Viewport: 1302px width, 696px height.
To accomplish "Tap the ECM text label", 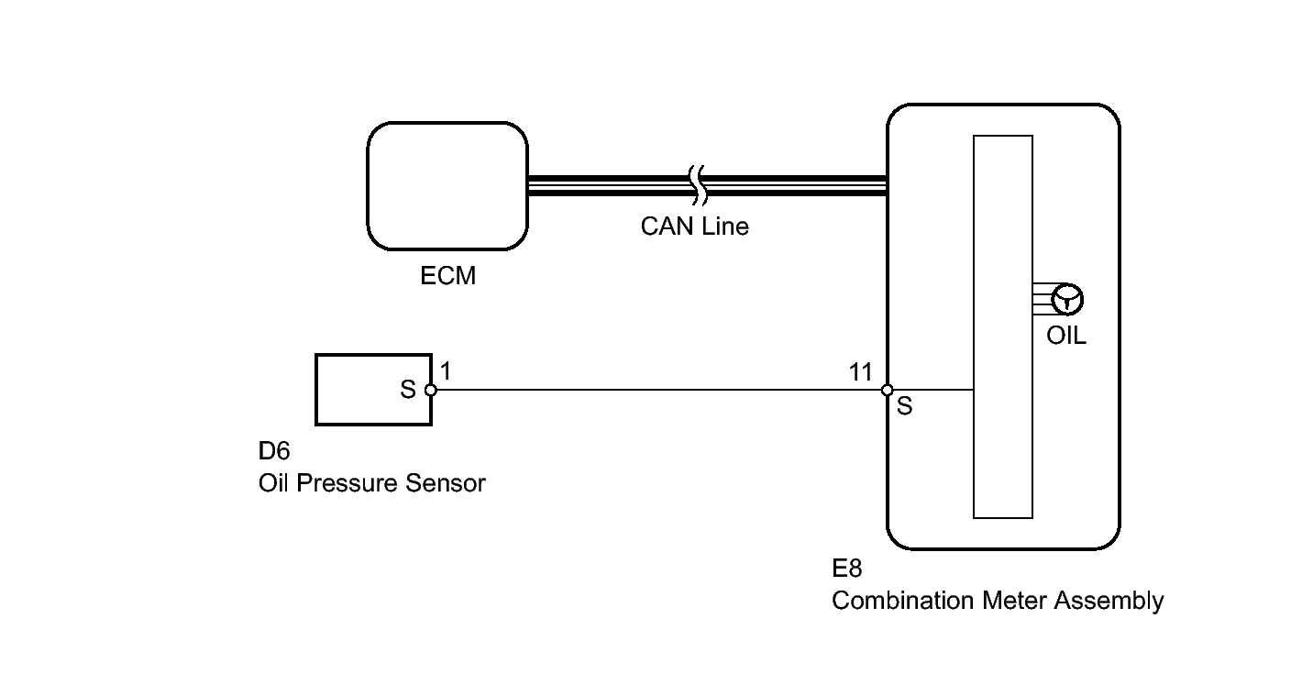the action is [x=447, y=276].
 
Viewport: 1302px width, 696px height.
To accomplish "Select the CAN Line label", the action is [x=695, y=226].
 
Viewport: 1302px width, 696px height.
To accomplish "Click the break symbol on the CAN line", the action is [x=698, y=185].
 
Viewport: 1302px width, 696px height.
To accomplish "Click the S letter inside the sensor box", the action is [x=408, y=390].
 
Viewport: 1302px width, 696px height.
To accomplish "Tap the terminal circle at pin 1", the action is [x=431, y=390].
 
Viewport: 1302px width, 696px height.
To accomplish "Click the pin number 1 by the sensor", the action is [x=446, y=371].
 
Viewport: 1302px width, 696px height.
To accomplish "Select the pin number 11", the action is [x=861, y=372].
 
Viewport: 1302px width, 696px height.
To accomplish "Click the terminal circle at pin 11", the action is [x=887, y=390].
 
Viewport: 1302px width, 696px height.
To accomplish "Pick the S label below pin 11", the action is [x=904, y=406].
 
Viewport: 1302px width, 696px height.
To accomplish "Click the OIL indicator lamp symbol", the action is [x=1067, y=300].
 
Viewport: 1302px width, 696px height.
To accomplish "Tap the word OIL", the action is [x=1066, y=336].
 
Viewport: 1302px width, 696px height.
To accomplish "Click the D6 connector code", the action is [x=274, y=450].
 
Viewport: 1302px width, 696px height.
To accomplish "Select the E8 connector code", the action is [x=847, y=569].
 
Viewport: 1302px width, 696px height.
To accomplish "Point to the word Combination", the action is [x=902, y=601].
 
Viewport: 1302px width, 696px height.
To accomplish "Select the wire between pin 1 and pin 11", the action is [x=658, y=390].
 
